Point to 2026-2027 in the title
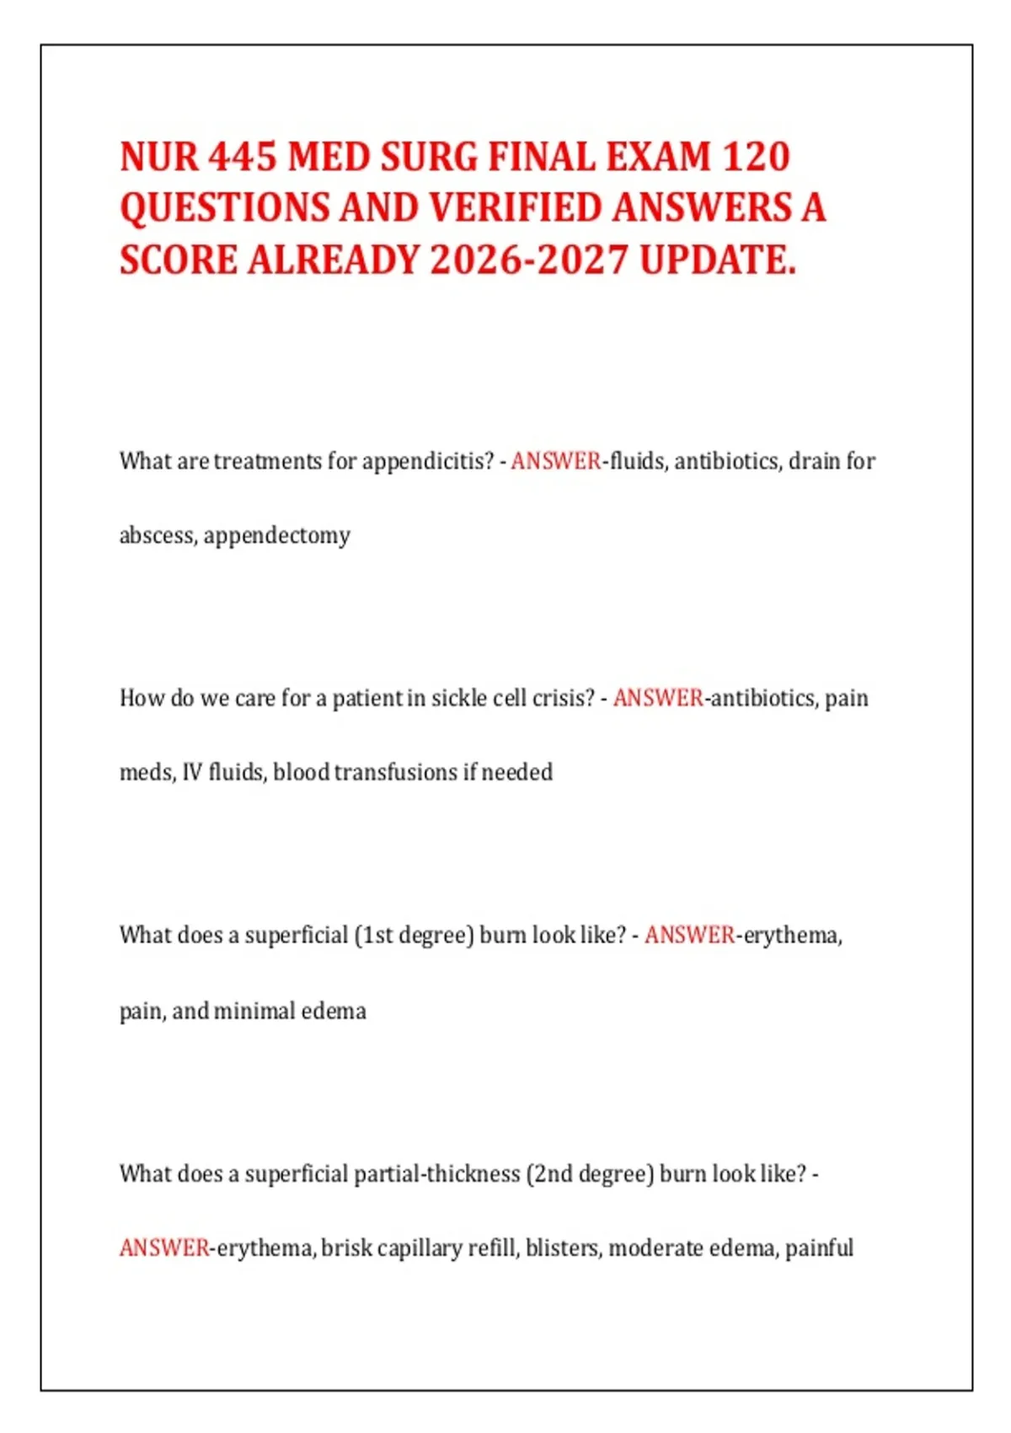(x=529, y=260)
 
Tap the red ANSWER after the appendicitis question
(x=555, y=461)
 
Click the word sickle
(x=458, y=698)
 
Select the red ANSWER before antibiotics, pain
(x=658, y=698)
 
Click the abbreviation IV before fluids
(x=192, y=772)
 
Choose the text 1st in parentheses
(x=377, y=936)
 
